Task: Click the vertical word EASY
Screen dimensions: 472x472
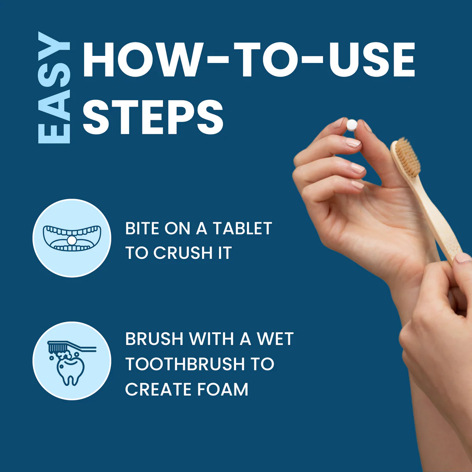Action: point(54,87)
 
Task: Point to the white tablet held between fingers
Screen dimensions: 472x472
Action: point(352,125)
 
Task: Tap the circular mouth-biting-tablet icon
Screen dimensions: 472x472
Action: point(72,238)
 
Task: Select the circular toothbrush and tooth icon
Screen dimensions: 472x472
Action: point(72,361)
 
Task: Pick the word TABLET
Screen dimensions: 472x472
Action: point(242,228)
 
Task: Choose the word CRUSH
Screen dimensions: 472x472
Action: point(183,253)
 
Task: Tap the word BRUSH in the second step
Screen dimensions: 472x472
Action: point(154,339)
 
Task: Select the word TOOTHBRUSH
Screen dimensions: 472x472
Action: point(185,364)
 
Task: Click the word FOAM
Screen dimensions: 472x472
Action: point(223,389)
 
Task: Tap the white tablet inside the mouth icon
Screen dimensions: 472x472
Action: point(72,241)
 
